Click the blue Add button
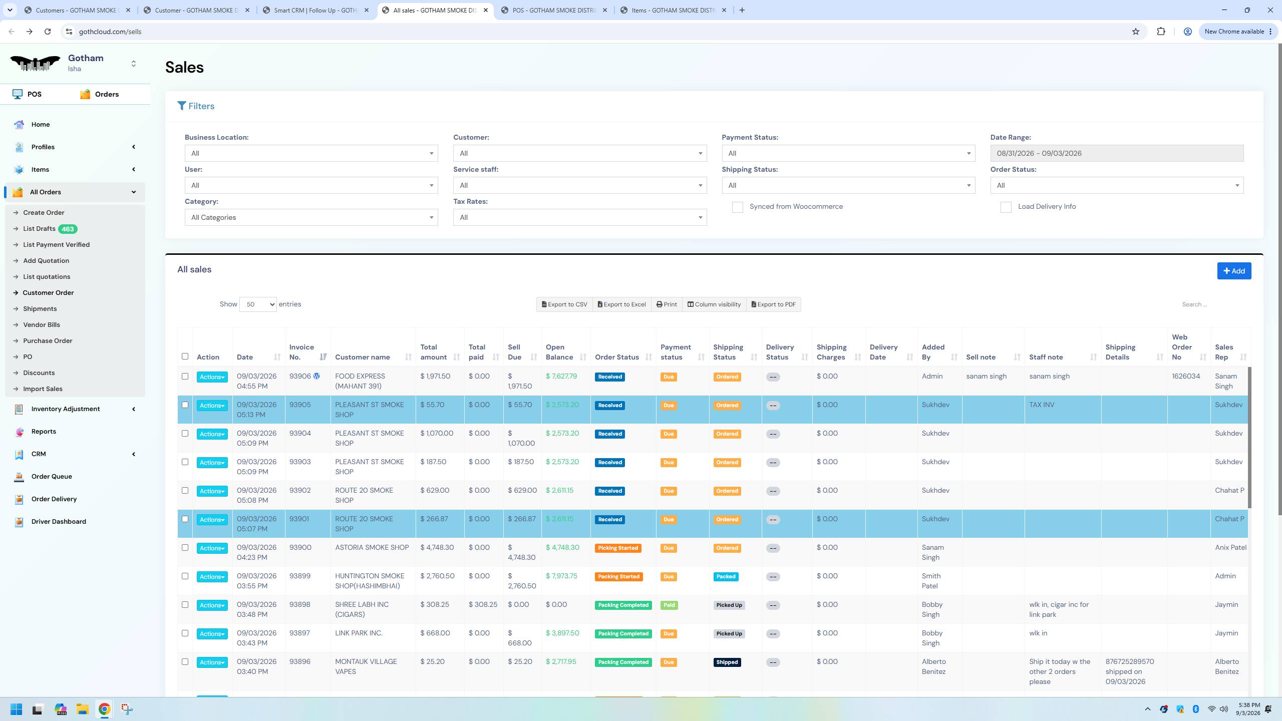coord(1234,271)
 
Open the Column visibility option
coord(714,304)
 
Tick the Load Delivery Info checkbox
coord(1006,207)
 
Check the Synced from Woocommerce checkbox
coord(737,207)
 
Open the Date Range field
coord(1117,153)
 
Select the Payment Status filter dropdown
coord(848,153)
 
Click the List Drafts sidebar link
coord(39,229)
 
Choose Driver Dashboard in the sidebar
coord(59,521)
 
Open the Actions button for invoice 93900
coord(212,548)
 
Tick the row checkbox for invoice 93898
coord(185,605)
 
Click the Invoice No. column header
coord(301,352)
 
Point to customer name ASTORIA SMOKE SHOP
coord(372,548)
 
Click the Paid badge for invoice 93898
coord(669,605)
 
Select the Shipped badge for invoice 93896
coord(727,662)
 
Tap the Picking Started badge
coord(618,548)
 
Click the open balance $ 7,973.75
coord(561,576)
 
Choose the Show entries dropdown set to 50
coord(258,304)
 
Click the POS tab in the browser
coord(554,10)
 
